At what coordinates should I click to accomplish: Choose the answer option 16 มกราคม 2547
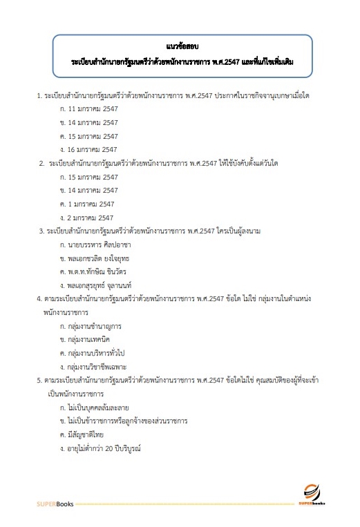click(88, 149)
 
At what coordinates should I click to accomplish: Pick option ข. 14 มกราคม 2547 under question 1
click(88, 123)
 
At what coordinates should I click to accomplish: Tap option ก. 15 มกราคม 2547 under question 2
click(88, 178)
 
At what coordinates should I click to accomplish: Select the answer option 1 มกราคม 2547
click(86, 204)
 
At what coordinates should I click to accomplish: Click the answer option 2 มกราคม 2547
click(86, 217)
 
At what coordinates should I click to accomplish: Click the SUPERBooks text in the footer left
click(55, 504)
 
